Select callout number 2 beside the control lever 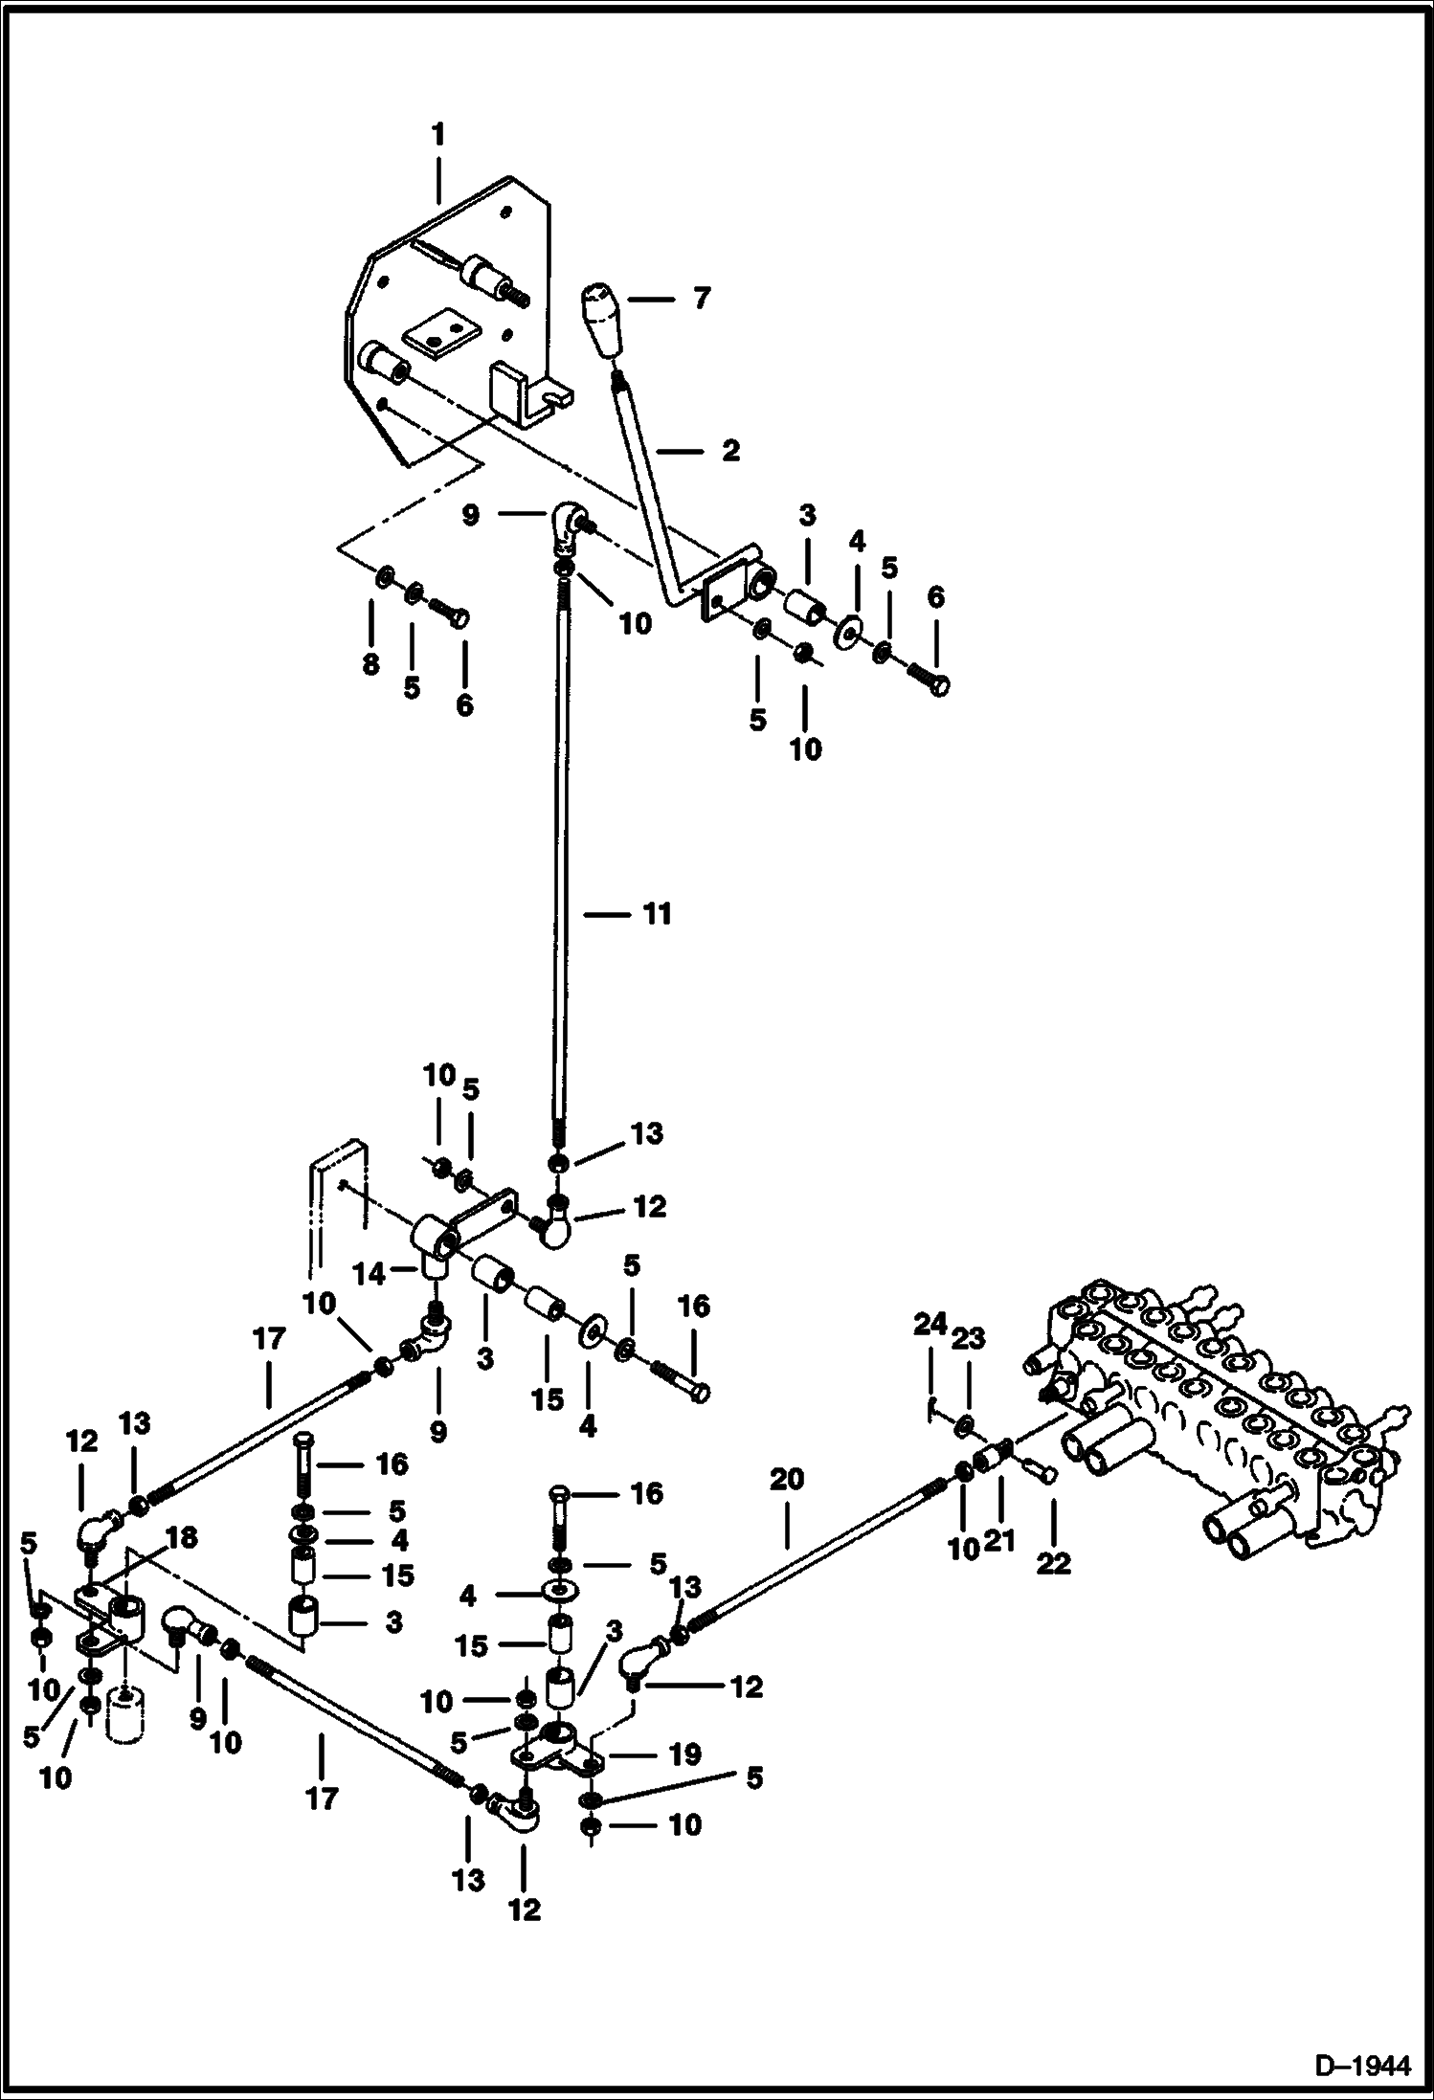[x=730, y=450]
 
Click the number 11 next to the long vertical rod [x=656, y=914]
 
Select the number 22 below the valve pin [x=1053, y=1564]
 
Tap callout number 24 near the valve [x=930, y=1326]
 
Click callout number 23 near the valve [x=967, y=1338]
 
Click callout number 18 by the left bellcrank [x=181, y=1538]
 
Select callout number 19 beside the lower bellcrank [x=684, y=1754]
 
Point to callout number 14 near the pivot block [x=369, y=1274]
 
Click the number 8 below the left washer [x=370, y=664]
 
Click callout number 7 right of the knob [x=702, y=299]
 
